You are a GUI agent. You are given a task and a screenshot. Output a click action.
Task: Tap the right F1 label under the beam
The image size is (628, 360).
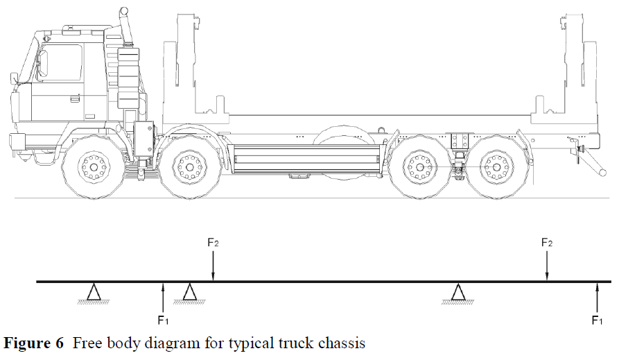coord(596,320)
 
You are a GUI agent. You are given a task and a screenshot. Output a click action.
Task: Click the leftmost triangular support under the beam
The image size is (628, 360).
coord(94,293)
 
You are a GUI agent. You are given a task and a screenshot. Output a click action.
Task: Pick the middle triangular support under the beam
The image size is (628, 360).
coord(189,293)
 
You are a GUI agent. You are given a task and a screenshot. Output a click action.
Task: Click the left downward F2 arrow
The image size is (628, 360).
coord(213,266)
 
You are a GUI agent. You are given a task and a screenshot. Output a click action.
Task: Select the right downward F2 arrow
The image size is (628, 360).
coord(547,266)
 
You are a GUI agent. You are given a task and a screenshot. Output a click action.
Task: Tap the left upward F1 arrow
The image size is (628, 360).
coord(163,297)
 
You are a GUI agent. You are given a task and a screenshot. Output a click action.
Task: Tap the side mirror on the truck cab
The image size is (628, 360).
coord(42,64)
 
